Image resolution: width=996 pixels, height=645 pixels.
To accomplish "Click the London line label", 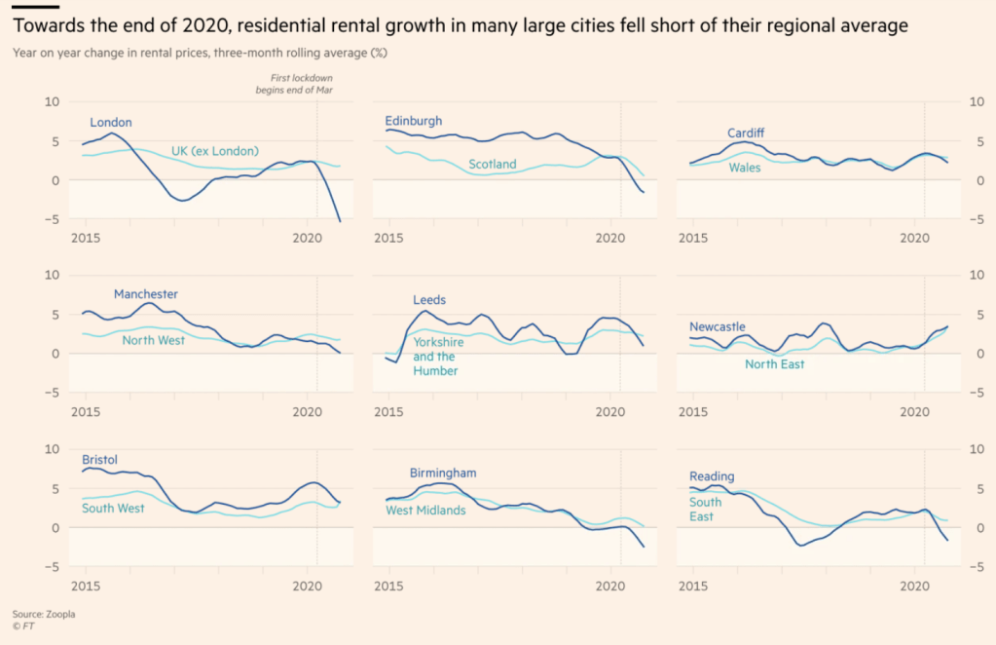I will click(x=111, y=123).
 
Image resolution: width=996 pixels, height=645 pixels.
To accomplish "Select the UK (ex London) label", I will click(x=215, y=151).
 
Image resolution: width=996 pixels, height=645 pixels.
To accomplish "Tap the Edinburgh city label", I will click(x=414, y=121).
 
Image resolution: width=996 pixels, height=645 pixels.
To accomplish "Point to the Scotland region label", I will click(x=493, y=165).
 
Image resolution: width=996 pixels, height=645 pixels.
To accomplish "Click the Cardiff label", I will click(x=746, y=133).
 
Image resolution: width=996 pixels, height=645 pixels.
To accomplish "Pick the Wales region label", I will click(x=746, y=167).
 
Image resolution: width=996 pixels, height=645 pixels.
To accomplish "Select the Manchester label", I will click(x=146, y=294).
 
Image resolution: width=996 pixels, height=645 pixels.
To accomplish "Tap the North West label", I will click(x=153, y=341).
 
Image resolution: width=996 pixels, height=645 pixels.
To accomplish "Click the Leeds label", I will click(x=429, y=300).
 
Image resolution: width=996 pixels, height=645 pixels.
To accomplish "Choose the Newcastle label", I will click(x=719, y=326).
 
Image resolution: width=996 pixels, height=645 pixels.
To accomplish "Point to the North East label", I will click(x=775, y=364).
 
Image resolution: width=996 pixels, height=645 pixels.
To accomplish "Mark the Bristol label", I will click(x=100, y=458).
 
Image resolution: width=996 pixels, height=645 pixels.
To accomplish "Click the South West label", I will click(x=113, y=509).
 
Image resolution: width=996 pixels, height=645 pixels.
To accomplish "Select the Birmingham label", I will click(x=443, y=474).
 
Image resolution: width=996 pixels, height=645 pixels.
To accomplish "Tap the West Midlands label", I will click(x=425, y=511).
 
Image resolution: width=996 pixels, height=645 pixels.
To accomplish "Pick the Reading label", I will click(x=712, y=477).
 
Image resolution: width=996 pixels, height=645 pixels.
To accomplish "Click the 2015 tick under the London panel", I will click(x=87, y=238).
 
